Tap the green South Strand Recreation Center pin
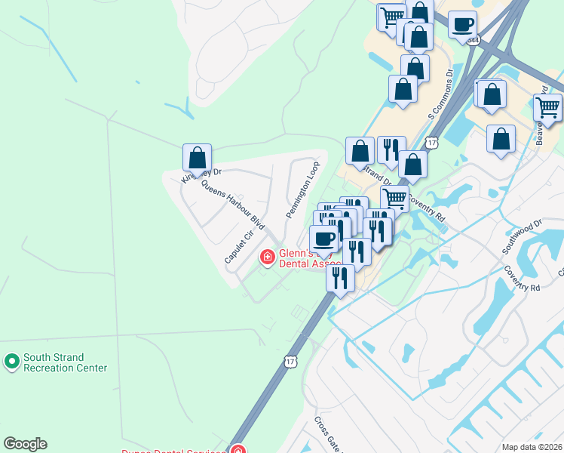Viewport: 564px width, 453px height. point(11,362)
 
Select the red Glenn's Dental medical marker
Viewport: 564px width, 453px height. point(267,258)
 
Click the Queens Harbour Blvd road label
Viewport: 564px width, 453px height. point(233,208)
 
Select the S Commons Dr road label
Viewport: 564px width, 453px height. point(440,94)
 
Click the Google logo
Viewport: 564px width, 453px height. point(25,444)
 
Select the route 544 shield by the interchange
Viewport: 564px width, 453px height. point(473,39)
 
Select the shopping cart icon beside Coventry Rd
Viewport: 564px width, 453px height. point(394,199)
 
